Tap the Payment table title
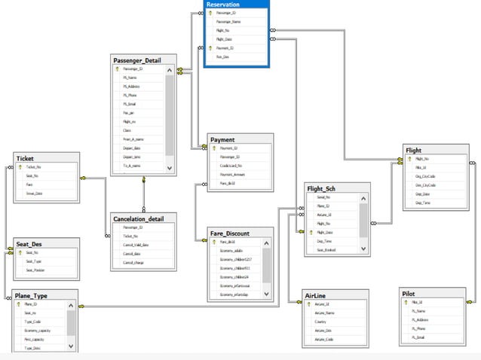point(222,139)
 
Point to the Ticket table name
point(26,158)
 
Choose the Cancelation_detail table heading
point(143,218)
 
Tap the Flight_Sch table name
point(326,188)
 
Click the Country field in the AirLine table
point(322,322)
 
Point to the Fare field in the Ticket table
point(30,185)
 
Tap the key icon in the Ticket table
point(20,166)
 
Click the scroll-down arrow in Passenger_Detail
point(170,168)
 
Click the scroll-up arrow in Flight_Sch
point(363,197)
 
